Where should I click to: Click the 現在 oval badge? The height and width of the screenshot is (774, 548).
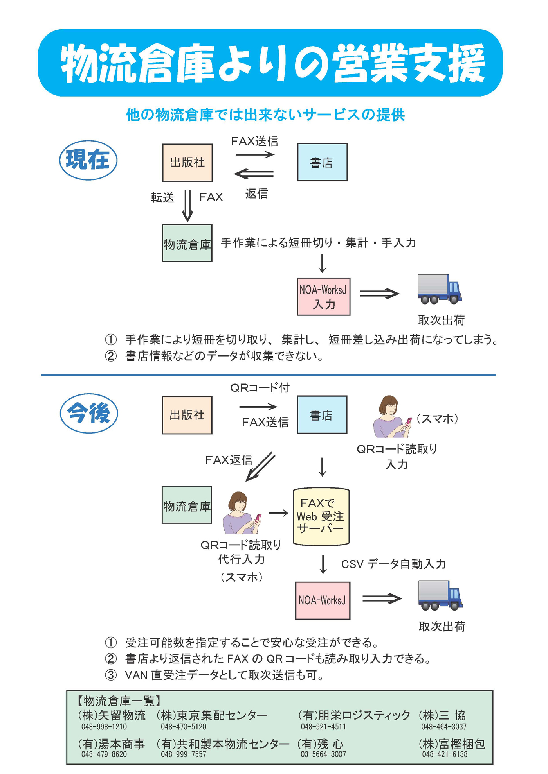pyautogui.click(x=88, y=160)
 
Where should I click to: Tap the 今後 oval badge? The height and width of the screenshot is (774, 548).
pyautogui.click(x=89, y=413)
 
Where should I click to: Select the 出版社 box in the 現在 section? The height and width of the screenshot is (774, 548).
pyautogui.click(x=187, y=163)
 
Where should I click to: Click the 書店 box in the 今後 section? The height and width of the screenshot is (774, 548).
pyautogui.click(x=322, y=415)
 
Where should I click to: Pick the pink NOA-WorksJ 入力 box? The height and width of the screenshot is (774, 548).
pyautogui.click(x=323, y=297)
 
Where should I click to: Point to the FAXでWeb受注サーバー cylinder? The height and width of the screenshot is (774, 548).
pyautogui.click(x=321, y=516)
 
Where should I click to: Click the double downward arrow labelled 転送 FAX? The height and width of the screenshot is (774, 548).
pyautogui.click(x=187, y=206)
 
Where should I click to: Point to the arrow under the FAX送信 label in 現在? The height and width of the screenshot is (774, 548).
pyautogui.click(x=255, y=154)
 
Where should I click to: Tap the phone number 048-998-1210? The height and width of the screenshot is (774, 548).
pyautogui.click(x=104, y=727)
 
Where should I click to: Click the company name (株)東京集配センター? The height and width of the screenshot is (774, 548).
pyautogui.click(x=212, y=715)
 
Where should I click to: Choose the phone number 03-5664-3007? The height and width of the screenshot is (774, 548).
pyautogui.click(x=323, y=754)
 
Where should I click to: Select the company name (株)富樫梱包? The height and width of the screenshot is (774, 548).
pyautogui.click(x=452, y=744)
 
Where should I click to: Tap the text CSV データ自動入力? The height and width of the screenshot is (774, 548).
pyautogui.click(x=393, y=564)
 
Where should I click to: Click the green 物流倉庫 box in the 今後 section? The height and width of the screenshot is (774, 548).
pyautogui.click(x=187, y=505)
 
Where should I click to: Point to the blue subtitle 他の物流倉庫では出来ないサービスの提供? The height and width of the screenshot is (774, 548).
pyautogui.click(x=265, y=115)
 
